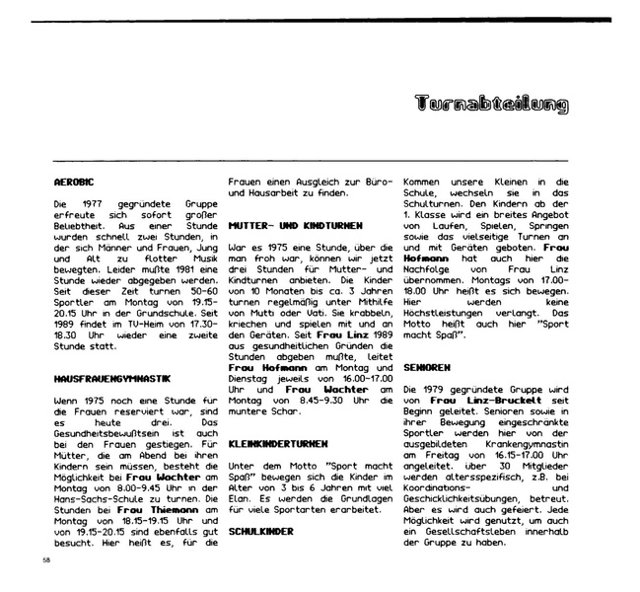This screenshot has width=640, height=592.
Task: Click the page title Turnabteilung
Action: (492, 102)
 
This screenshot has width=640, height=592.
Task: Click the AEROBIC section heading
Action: (72, 183)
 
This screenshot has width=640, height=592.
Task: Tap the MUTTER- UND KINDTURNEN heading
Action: (287, 225)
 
